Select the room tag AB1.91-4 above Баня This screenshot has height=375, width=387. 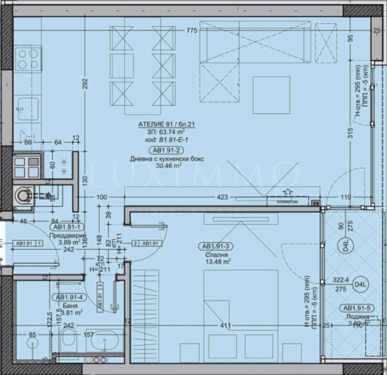pos(70,297)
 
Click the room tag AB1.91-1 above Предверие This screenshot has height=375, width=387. pos(68,227)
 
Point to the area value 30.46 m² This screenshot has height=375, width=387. pos(156,165)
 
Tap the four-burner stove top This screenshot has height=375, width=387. pos(27,60)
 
